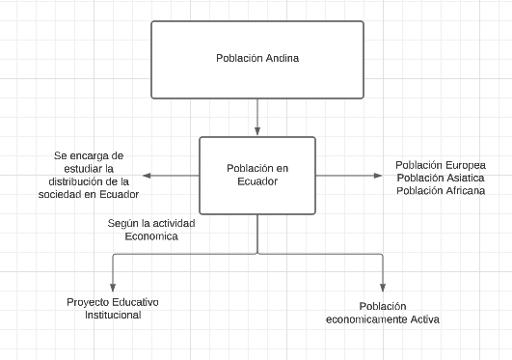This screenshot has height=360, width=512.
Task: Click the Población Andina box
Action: click(257, 59)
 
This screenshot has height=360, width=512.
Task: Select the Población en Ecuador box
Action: click(257, 175)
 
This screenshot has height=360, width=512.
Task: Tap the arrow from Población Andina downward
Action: click(257, 117)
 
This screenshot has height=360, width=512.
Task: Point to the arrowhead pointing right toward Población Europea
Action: click(379, 175)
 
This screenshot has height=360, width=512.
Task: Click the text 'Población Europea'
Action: click(441, 164)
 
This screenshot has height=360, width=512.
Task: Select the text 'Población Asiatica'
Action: click(441, 178)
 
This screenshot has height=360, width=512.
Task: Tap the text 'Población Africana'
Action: click(441, 190)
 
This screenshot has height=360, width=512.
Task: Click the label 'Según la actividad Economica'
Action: click(151, 229)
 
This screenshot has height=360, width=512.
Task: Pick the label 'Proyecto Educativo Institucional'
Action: click(113, 308)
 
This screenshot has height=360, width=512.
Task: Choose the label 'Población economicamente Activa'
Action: click(383, 313)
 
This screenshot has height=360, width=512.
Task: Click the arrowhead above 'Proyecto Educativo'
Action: click(113, 288)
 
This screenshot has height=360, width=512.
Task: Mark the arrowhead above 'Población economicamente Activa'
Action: click(383, 288)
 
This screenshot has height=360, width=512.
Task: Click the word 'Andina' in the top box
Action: click(282, 58)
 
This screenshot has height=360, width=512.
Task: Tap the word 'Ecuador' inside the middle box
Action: click(257, 181)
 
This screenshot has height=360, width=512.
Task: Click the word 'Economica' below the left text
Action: click(151, 235)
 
